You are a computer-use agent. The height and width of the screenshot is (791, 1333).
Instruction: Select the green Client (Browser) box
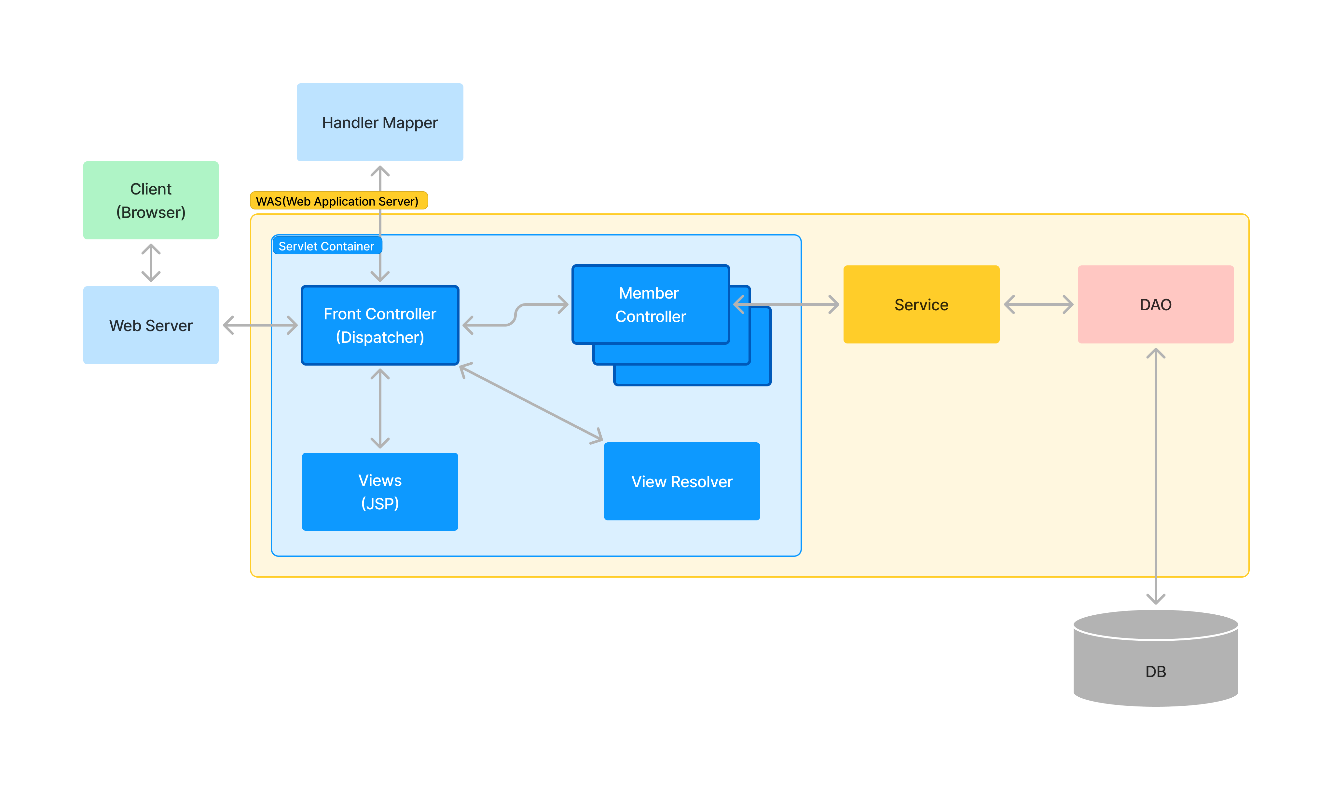151,200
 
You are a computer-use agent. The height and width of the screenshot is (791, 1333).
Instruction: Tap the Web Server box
151,325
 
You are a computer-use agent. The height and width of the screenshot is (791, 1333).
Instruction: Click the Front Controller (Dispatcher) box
380,325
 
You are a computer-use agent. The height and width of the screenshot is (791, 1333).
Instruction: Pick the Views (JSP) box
380,491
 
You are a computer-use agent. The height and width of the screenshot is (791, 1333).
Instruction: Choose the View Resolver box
681,481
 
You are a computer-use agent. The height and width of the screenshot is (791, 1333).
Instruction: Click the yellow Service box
921,304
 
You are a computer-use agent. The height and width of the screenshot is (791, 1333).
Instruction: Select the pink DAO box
1155,304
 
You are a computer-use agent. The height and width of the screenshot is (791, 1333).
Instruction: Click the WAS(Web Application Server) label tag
338,201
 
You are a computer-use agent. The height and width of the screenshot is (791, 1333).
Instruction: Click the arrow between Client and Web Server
151,263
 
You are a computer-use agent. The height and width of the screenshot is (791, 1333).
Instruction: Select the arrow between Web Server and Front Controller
260,325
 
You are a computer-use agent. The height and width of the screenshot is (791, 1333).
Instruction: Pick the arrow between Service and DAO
1038,304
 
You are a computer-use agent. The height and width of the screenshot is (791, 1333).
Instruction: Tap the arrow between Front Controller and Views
380,408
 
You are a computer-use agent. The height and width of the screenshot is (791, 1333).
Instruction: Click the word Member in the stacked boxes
648,293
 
